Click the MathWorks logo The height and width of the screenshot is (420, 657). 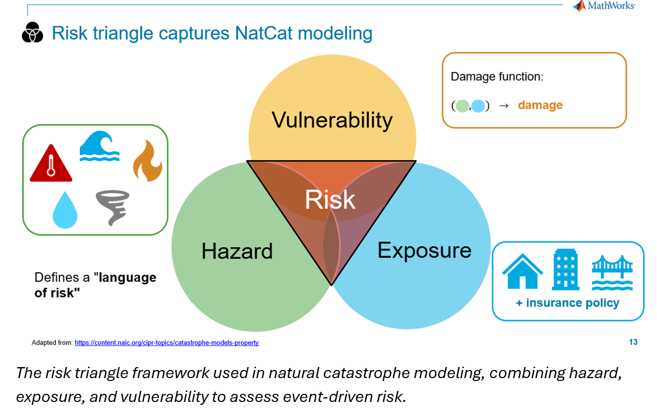(x=603, y=6)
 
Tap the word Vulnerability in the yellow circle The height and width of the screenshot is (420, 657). (x=332, y=120)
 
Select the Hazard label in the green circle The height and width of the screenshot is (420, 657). (x=237, y=251)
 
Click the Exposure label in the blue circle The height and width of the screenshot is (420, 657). (x=424, y=250)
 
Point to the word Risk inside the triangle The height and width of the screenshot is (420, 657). (x=330, y=200)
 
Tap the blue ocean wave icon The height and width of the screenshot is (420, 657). (x=100, y=146)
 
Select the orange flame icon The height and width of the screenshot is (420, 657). (x=147, y=161)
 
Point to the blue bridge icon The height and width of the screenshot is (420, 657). (x=612, y=272)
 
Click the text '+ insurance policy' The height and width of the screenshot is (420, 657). (x=567, y=303)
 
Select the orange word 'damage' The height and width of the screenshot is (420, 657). (x=540, y=105)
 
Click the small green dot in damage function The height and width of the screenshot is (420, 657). (x=462, y=106)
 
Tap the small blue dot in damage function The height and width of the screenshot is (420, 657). (x=478, y=106)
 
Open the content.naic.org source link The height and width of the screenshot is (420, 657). (x=167, y=343)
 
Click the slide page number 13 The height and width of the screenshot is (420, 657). (x=633, y=342)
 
